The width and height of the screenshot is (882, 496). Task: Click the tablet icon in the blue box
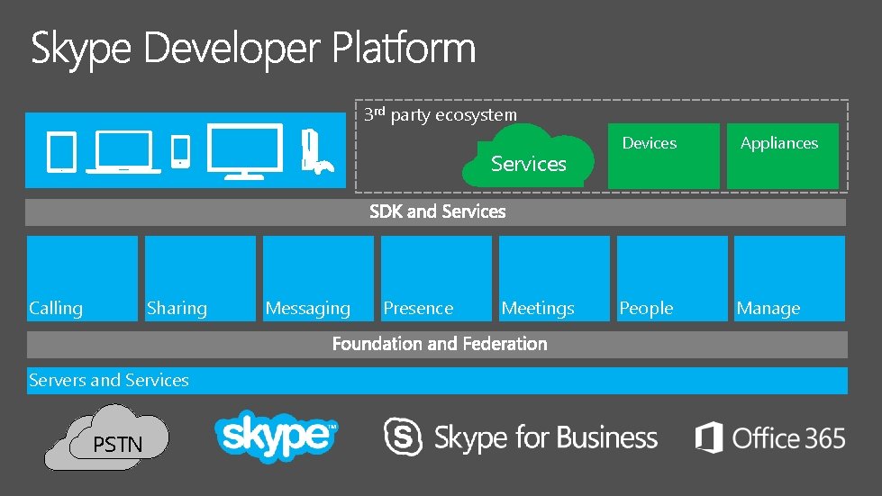coord(61,151)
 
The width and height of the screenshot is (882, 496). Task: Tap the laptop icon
coord(123,151)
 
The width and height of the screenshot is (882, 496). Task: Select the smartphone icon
coord(180,150)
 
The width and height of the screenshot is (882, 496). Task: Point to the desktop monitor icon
coord(244,149)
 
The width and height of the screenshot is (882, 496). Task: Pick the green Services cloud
coord(529,157)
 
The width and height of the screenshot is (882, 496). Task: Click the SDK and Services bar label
coord(438,212)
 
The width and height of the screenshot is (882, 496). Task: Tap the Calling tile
coord(82,278)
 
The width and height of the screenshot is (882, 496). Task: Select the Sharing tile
coord(200,278)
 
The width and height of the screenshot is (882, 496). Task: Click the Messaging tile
coord(318,278)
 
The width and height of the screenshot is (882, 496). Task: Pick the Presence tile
coord(436,278)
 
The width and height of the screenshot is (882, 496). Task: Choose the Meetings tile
coord(554,278)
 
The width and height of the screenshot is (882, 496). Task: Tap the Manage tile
coord(789,278)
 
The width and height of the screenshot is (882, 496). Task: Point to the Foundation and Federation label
coord(440,344)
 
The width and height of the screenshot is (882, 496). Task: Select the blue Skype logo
coord(276,437)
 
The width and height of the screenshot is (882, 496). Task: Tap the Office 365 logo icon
coord(709,437)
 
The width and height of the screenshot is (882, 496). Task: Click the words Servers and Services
coord(109,380)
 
